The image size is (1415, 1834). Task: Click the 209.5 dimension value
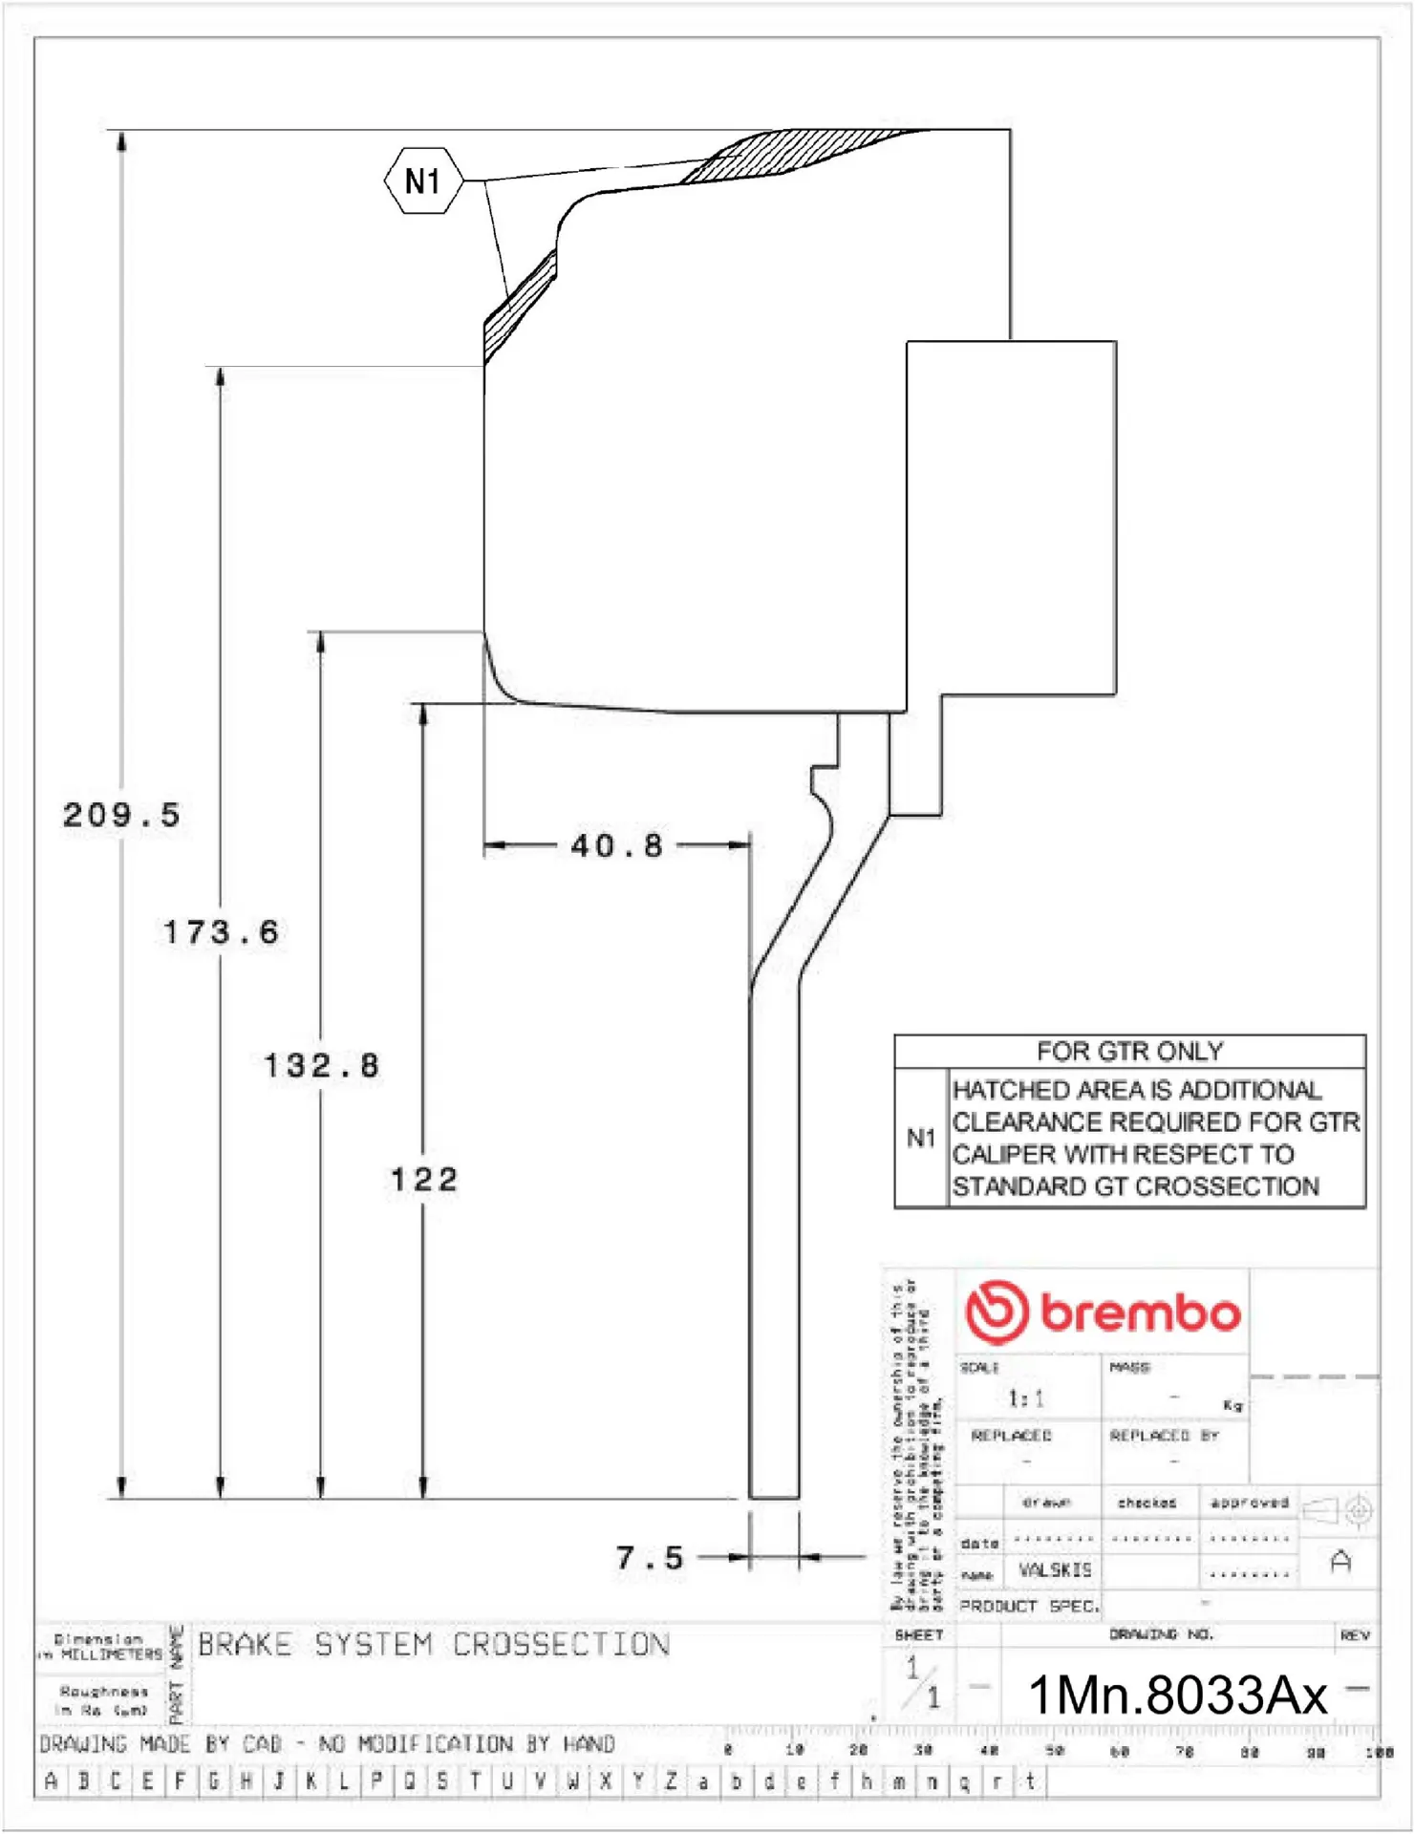tap(121, 815)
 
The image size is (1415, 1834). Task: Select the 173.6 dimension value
tap(221, 932)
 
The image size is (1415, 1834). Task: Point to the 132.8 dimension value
tap(321, 1065)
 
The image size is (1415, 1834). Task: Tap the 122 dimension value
tap(423, 1180)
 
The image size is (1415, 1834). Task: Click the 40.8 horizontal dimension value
tap(616, 845)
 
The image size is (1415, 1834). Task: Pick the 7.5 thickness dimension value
tap(650, 1558)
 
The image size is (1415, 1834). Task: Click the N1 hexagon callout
tap(423, 181)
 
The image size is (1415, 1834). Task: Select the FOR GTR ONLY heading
tap(1129, 1052)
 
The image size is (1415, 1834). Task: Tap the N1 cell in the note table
tap(921, 1138)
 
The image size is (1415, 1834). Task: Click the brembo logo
tap(1103, 1312)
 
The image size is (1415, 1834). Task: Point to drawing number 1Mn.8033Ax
tap(1176, 1695)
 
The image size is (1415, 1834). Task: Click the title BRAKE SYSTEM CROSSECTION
tap(433, 1645)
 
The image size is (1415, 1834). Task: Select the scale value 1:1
tap(1026, 1399)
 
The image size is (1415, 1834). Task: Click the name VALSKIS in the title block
tap(1055, 1570)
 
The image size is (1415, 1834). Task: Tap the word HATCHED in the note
tap(1011, 1090)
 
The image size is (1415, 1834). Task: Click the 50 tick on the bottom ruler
tap(1055, 1751)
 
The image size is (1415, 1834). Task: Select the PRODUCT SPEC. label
tap(1029, 1607)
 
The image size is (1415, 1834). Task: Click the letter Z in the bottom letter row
tap(671, 1781)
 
